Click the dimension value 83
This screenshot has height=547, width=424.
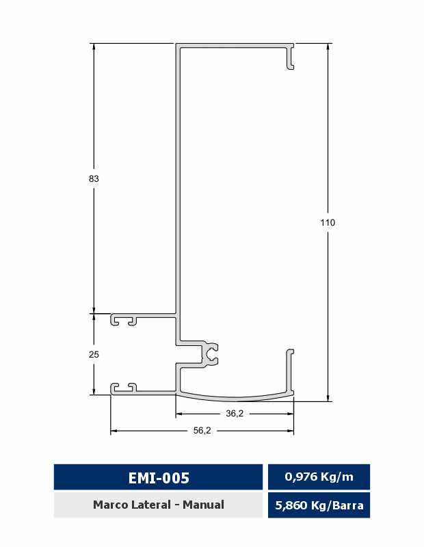tap(94, 178)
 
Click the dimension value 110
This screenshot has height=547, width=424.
tap(328, 222)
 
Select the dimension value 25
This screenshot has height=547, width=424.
tap(94, 354)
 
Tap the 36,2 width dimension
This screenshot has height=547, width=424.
tap(235, 414)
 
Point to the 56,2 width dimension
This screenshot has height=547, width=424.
tap(202, 431)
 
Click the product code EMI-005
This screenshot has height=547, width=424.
tap(159, 477)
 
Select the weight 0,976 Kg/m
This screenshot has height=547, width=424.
tap(319, 477)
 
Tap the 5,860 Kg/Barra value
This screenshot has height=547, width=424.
tap(319, 505)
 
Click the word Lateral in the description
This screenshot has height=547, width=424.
tap(152, 505)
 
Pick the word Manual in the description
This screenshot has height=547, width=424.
tap(203, 505)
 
